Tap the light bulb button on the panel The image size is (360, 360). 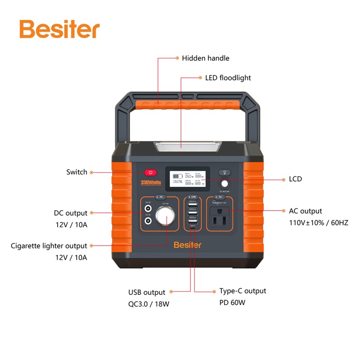pos(225,172)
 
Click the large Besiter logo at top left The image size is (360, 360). pos(59,29)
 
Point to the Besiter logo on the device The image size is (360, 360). pos(188,245)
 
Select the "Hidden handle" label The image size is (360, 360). pos(206,58)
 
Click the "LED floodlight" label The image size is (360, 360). pos(228,78)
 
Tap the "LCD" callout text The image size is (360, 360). pos(295,179)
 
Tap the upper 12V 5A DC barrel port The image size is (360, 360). pos(148,208)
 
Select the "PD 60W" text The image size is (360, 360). pos(232,302)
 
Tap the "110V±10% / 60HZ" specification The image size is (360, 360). pos(318,222)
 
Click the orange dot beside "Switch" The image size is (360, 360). pos(92,172)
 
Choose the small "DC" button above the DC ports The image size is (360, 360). pos(160,197)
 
